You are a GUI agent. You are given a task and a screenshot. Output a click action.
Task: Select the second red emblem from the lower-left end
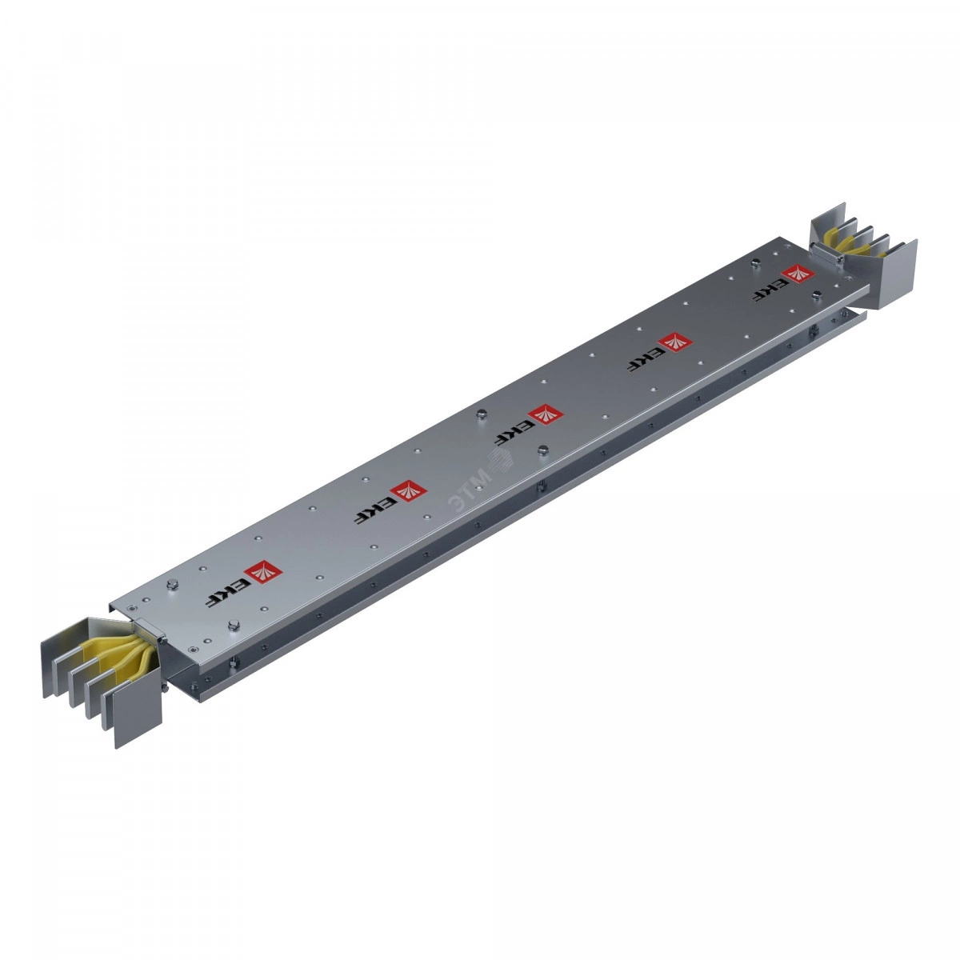coord(408,491)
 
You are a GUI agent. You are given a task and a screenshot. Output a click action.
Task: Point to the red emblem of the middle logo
coord(545,414)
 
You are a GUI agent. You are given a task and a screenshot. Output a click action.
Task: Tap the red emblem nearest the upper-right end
coord(797,274)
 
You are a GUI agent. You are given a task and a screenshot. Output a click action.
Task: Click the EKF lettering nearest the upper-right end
coord(767,291)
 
